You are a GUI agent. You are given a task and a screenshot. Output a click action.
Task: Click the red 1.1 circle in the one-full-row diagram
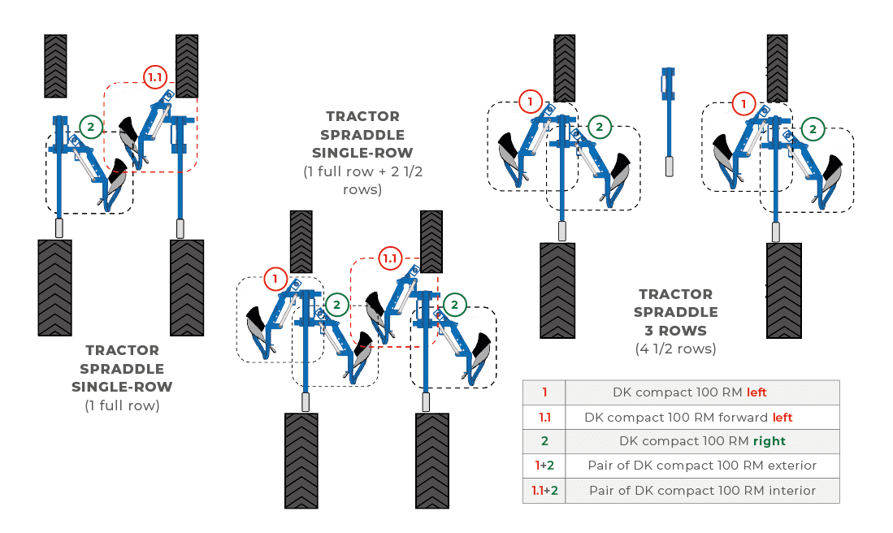[x=154, y=77]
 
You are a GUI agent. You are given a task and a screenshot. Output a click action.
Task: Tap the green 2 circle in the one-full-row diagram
[x=91, y=126]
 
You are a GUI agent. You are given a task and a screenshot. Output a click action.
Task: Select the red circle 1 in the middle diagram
[x=275, y=279]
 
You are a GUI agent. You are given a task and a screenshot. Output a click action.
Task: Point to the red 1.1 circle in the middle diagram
[x=390, y=258]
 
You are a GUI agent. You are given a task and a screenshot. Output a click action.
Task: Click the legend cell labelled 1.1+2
[x=544, y=491]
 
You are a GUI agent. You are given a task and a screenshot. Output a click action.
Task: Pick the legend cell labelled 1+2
[x=544, y=466]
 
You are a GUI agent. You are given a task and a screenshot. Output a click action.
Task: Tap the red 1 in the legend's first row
[x=544, y=392]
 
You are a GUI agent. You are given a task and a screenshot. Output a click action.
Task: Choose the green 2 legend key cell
[x=544, y=441]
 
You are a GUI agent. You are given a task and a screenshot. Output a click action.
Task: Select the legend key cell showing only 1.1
[x=544, y=417]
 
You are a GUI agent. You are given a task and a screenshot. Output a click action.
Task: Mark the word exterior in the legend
[x=791, y=466]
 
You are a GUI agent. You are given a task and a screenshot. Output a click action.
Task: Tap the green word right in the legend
[x=769, y=441]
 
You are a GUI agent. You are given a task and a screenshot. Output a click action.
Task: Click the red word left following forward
[x=782, y=417]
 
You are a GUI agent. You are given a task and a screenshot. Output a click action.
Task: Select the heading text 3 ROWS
[x=676, y=331]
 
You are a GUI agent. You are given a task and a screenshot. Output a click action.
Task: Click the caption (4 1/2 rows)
[x=676, y=349]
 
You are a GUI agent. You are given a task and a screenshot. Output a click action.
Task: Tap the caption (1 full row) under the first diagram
[x=122, y=405]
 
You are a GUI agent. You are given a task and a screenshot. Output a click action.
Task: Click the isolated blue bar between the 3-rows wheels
[x=668, y=106]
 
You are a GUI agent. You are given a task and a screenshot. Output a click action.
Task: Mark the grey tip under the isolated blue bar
[x=669, y=167]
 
